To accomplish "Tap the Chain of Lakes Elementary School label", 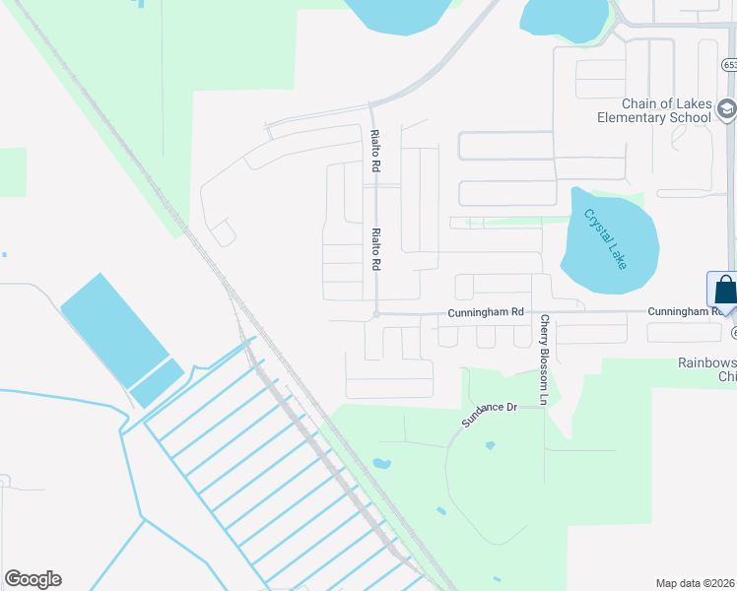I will [653, 111].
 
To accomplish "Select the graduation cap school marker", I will [726, 108].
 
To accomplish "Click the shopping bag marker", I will [724, 291].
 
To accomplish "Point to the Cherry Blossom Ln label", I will [543, 360].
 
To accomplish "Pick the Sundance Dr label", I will [490, 414].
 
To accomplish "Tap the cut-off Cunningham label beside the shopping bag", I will [686, 311].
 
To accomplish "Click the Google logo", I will [33, 579].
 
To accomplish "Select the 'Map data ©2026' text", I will [695, 582].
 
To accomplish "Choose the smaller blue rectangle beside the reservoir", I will [157, 382].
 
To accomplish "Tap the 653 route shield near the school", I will [728, 64].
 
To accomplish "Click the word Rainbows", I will [705, 361].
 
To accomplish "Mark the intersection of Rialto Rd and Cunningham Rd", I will [375, 314].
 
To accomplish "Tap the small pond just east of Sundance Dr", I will [490, 445].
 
